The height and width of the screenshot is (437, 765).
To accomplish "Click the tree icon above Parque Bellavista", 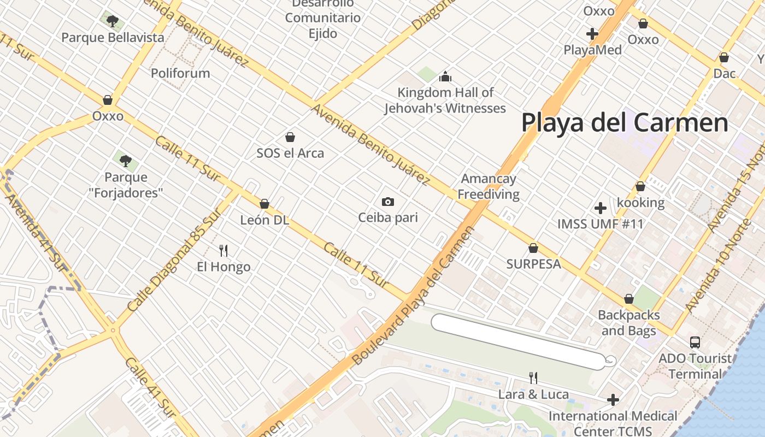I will pos(113,21).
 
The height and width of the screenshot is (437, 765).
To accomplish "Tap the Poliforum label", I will pos(180,73).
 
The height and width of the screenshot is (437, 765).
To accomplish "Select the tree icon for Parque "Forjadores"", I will pos(126,161).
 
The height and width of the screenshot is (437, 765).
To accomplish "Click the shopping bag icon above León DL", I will pos(264,204).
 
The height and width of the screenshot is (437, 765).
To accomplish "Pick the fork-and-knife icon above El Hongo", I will pos(223,251).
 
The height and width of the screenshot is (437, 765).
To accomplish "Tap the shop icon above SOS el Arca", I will pos(290,137).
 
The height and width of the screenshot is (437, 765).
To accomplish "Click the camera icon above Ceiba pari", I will pos(388,202).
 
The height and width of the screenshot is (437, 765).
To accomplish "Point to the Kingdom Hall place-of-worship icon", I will pos(445,76).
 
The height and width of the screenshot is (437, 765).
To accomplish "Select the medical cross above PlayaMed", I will pos(592,34).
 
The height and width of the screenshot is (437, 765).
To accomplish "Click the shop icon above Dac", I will pos(724,57).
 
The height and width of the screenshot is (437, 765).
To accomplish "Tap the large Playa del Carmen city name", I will pos(625,122).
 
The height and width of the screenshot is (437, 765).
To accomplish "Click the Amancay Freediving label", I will pos(489,186).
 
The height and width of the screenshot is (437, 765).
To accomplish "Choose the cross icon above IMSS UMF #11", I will pos(601,208).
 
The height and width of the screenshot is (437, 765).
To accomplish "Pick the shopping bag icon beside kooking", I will pos(640,187).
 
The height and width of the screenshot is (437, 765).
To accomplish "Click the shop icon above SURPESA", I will pos(533,248).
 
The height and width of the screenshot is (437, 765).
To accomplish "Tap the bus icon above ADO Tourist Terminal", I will pos(695,342).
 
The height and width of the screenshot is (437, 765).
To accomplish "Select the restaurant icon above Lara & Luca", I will pos(533,377).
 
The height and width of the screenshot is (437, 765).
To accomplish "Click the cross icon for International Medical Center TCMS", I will pos(613,400).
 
